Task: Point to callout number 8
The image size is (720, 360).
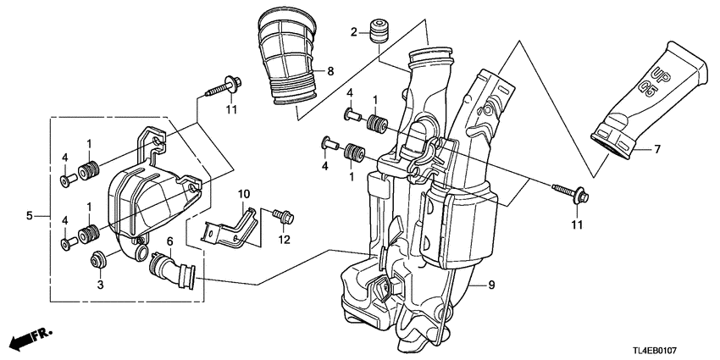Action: (330, 71)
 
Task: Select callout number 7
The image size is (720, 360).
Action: (656, 149)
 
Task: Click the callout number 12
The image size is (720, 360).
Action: (285, 241)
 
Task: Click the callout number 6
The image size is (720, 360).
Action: (169, 242)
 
